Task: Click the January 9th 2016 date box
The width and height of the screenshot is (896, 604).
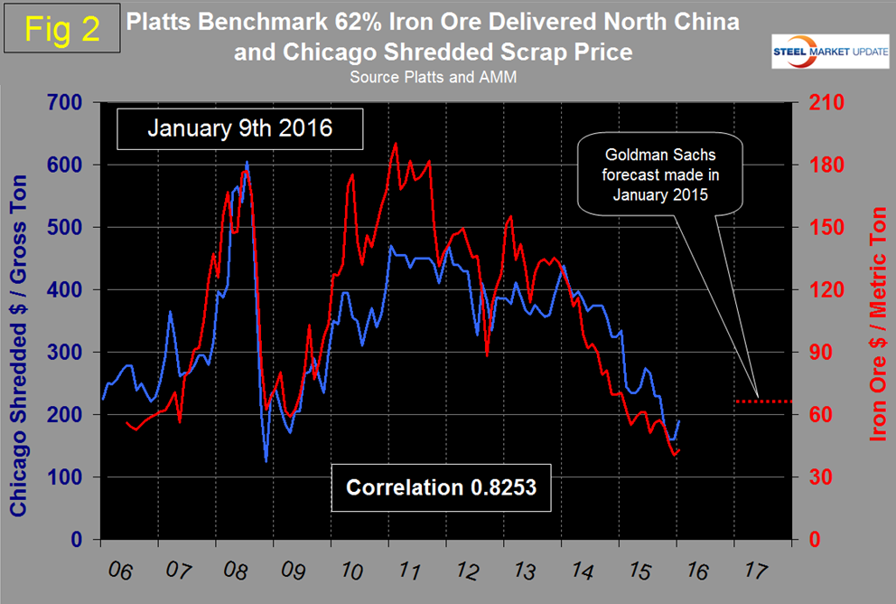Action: click(239, 128)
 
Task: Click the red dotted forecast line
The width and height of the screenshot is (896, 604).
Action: click(763, 401)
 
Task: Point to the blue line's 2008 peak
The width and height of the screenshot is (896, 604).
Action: click(247, 163)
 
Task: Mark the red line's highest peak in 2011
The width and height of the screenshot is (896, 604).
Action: click(394, 144)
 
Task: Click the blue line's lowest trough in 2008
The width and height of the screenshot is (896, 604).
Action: click(266, 461)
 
